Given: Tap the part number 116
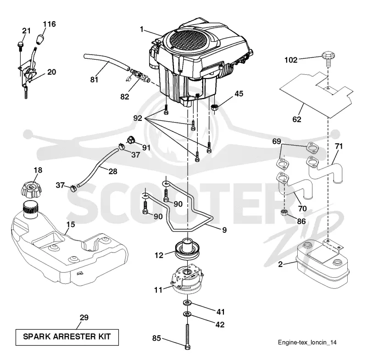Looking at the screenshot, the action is click(x=50, y=24).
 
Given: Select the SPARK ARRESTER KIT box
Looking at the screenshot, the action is click(x=67, y=337).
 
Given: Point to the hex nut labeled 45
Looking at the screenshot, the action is click(x=215, y=108).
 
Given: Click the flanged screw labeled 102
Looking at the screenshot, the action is click(x=328, y=58).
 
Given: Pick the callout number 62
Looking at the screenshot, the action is click(x=296, y=119).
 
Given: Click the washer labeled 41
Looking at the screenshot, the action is click(x=187, y=303).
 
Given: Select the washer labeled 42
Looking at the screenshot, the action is click(x=187, y=313).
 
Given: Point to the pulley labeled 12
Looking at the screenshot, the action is click(x=187, y=250).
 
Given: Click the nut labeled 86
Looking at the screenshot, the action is click(x=284, y=213).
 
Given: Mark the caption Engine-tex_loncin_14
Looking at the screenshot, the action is click(x=307, y=343).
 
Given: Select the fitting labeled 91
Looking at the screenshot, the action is click(x=131, y=140).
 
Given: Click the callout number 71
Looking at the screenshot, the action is click(x=339, y=146).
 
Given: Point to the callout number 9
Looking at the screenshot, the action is click(x=224, y=230).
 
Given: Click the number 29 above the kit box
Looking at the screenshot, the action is click(x=84, y=318).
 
